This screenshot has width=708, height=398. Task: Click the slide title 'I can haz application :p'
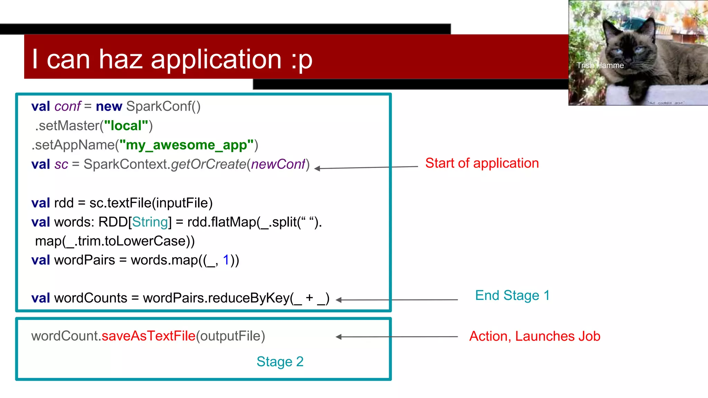[172, 59]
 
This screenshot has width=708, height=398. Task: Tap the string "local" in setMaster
[126, 126]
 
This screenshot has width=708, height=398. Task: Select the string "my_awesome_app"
[186, 145]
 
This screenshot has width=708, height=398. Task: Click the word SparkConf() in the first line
[163, 106]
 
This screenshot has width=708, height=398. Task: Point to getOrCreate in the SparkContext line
[208, 164]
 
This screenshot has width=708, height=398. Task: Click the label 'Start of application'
[482, 163]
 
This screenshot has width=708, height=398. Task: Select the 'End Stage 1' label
[512, 295]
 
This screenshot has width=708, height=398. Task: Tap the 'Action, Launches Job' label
[534, 336]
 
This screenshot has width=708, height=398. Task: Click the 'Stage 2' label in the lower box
[280, 362]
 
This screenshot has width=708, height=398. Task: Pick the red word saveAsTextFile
[149, 336]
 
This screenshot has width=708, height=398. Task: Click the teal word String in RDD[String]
[150, 222]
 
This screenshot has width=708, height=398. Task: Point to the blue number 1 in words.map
[226, 260]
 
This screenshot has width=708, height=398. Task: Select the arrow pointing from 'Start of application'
[366, 168]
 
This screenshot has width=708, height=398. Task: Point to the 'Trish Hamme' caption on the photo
[600, 65]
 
